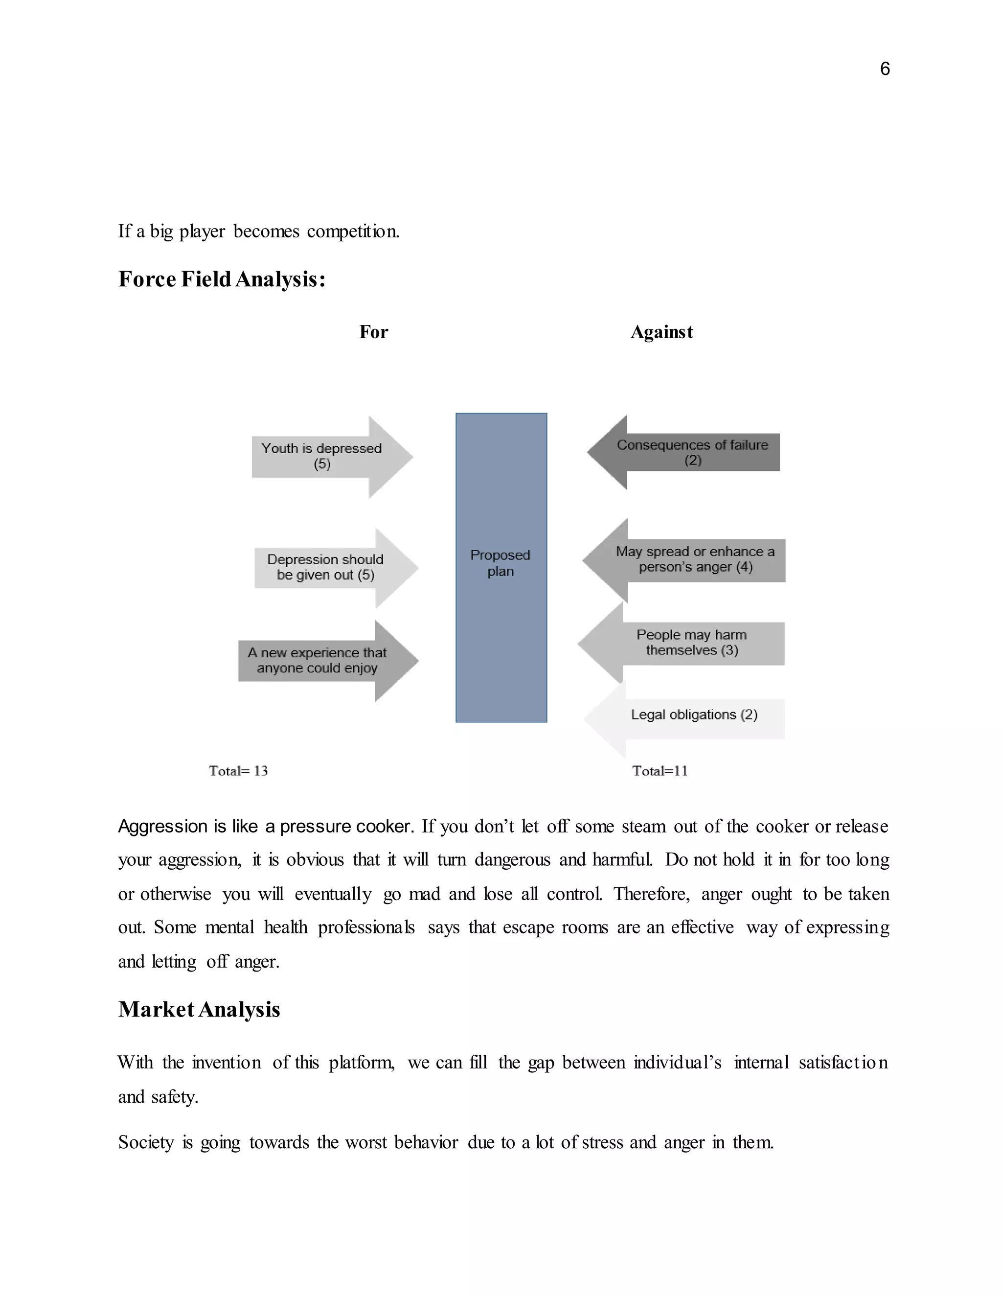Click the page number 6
point(885,69)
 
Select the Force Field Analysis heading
point(222,279)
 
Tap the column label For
point(373,332)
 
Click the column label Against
point(661,332)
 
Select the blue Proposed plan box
point(501,567)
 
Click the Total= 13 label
point(238,771)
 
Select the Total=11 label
point(660,771)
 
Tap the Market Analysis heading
point(199,1010)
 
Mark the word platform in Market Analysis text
point(362,1063)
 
